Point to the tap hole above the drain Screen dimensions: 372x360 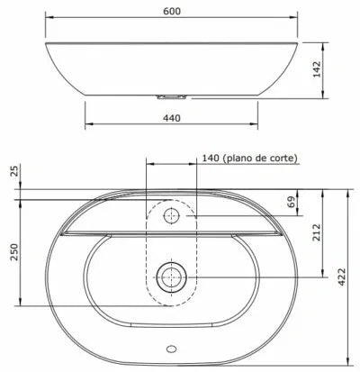pyautogui.click(x=171, y=216)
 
